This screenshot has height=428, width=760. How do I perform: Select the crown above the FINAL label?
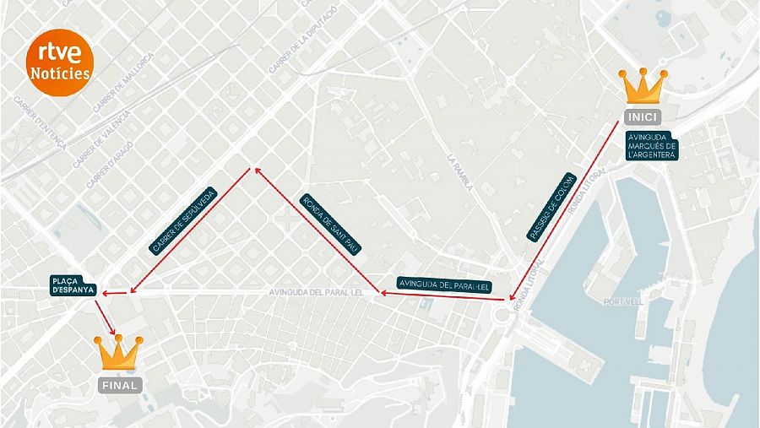point(119,353)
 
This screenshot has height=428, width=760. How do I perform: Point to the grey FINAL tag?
point(120,385)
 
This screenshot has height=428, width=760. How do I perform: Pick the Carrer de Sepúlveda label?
point(183,221)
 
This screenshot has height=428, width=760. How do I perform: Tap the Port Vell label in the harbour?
point(624,301)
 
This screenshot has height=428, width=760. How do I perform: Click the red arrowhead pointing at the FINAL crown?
point(113,330)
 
